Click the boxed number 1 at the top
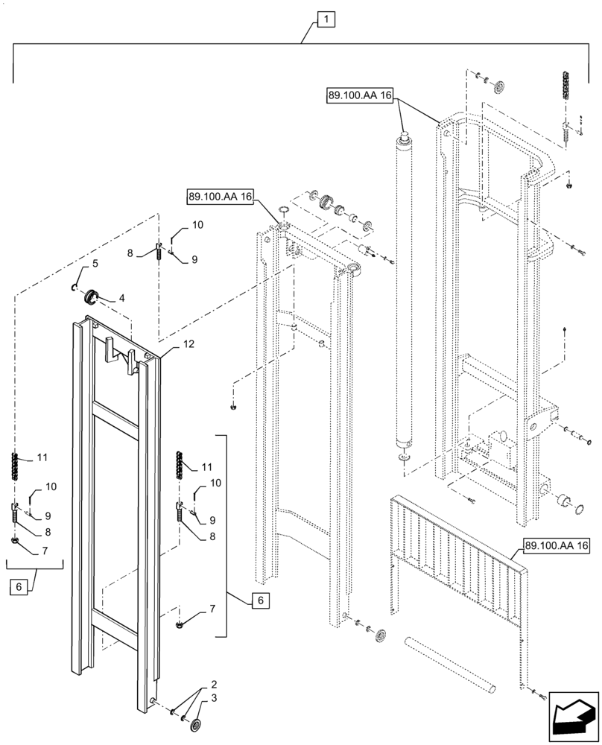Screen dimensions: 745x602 (326, 21)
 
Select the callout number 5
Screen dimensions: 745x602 (95, 264)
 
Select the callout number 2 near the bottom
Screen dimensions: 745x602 (214, 683)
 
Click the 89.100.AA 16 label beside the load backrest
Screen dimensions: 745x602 (556, 547)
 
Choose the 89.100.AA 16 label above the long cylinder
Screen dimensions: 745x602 (358, 96)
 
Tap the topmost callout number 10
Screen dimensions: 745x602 (197, 224)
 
